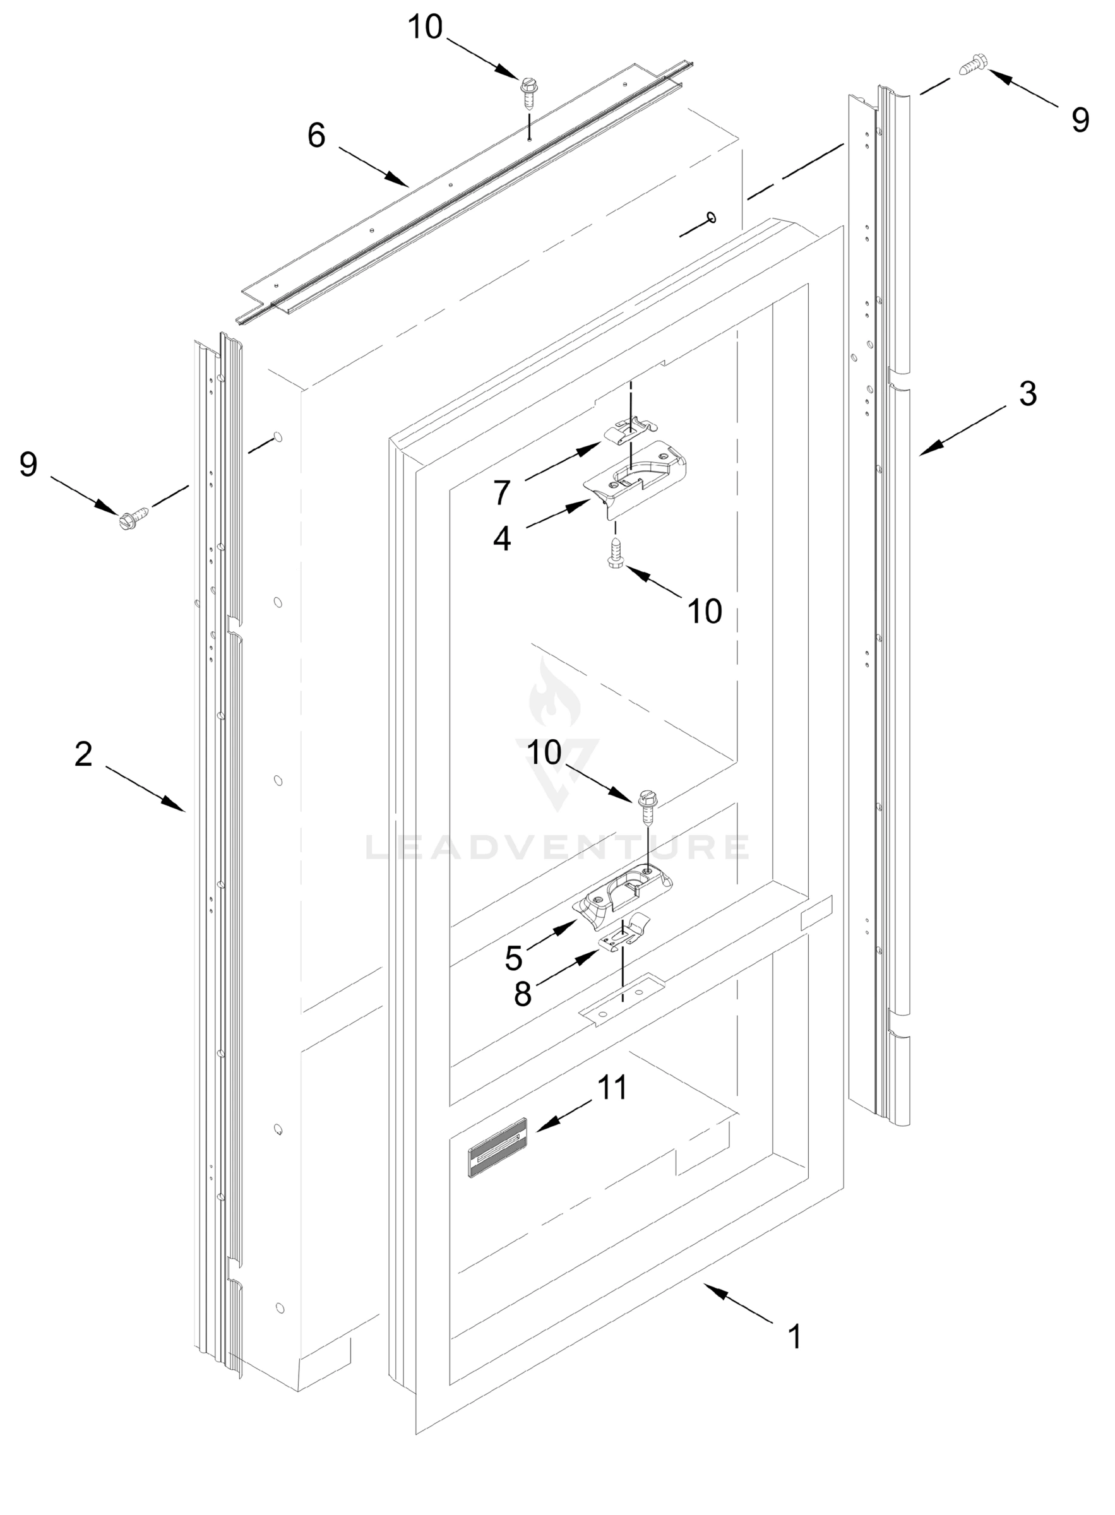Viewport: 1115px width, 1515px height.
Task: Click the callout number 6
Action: coord(316,136)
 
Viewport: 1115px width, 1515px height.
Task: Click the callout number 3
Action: coord(1027,393)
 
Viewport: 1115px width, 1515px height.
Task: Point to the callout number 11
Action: coord(613,1087)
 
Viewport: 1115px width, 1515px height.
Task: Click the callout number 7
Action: coord(501,493)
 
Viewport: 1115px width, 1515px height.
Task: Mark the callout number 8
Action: coord(522,994)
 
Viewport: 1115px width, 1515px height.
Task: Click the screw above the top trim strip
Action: coord(528,94)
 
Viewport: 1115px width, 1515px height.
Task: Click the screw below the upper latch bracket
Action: coord(616,554)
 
